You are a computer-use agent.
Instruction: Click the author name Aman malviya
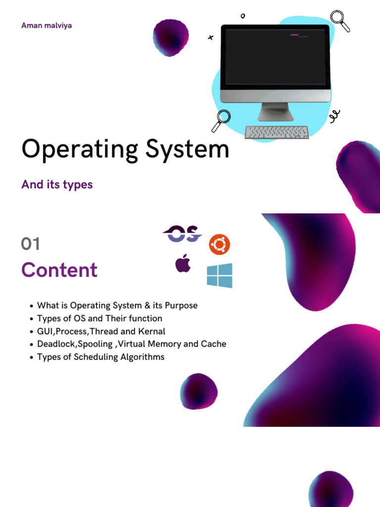coord(47,25)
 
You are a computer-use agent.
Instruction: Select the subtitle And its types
coord(57,185)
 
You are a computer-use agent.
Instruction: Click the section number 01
coord(31,244)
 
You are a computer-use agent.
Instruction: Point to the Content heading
coord(59,270)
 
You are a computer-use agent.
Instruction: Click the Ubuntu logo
coord(219,245)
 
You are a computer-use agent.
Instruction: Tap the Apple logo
coord(183,263)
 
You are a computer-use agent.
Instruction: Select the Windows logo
coord(219,275)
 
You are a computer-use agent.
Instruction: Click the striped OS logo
coord(182,234)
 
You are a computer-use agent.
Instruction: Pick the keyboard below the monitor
coord(277,132)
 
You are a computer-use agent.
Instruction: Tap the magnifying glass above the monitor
coord(340,20)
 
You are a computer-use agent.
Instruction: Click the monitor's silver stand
coord(275,111)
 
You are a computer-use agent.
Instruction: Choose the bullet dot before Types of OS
coord(32,319)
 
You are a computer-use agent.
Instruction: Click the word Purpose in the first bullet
coord(180,305)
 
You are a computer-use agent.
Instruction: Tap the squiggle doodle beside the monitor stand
coord(335,116)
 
